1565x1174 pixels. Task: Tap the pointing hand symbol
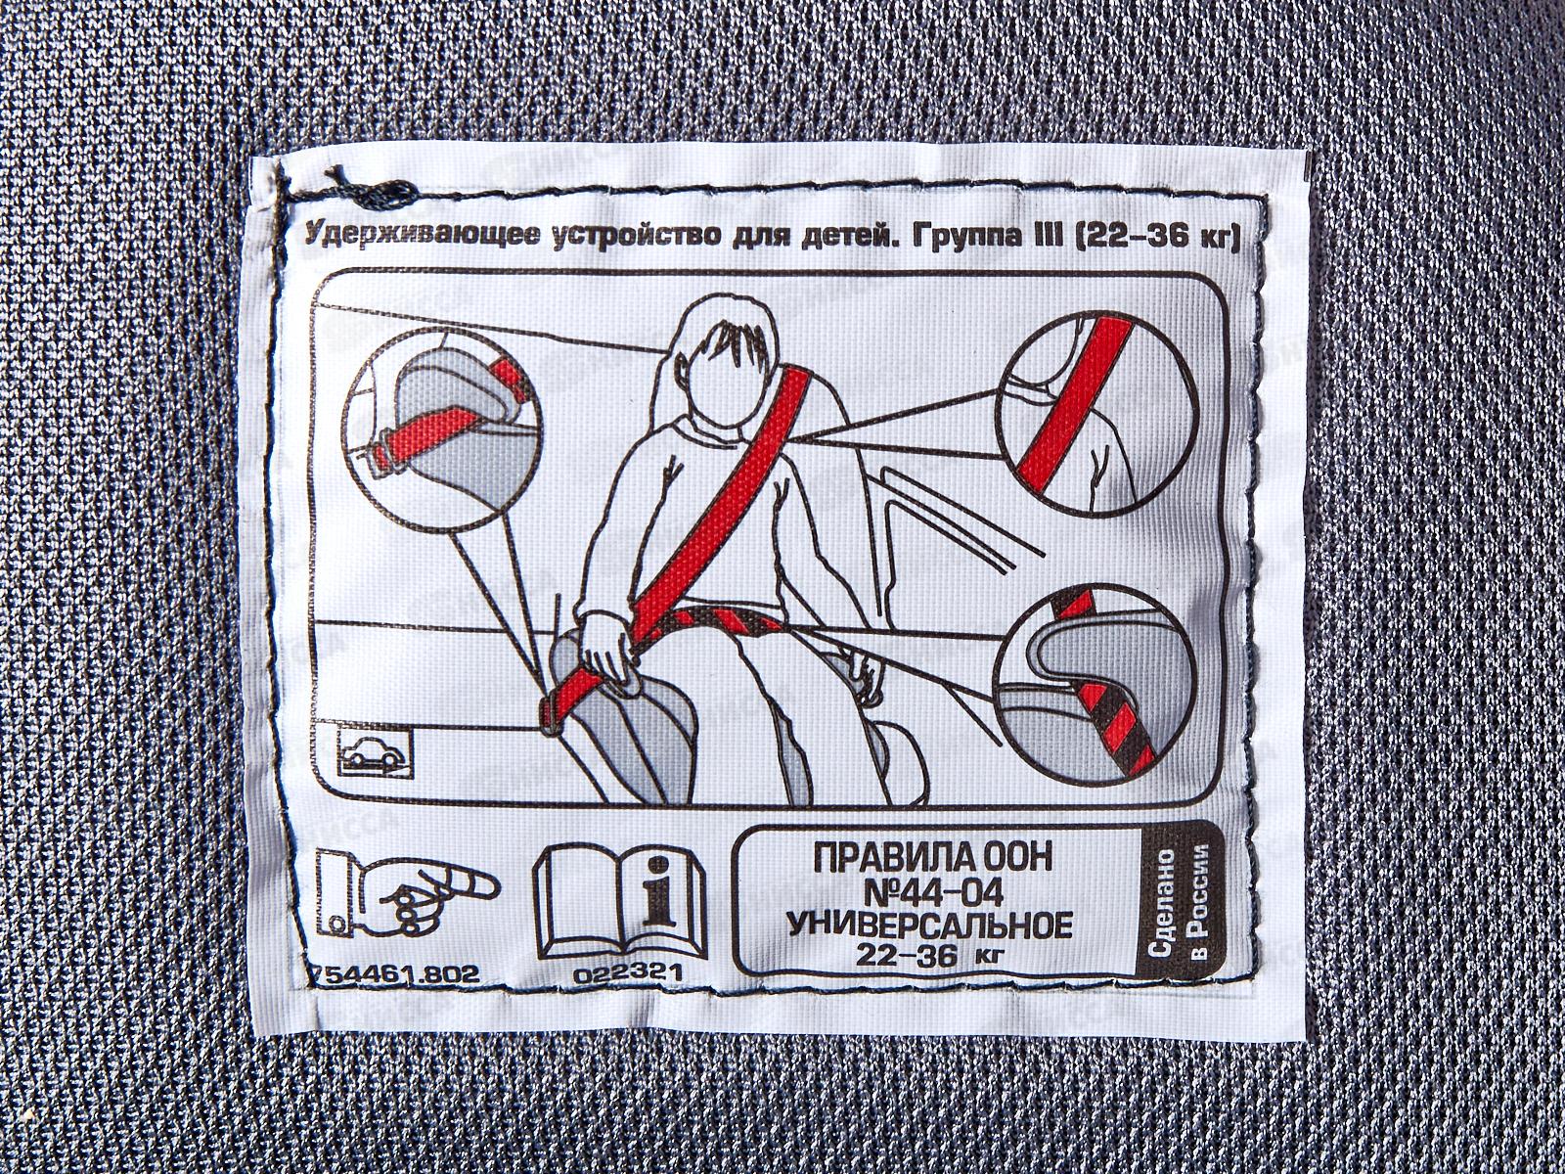pyautogui.click(x=406, y=894)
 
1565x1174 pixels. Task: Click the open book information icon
pyautogui.click(x=620, y=900)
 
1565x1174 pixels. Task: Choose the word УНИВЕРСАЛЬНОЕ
pyautogui.click(x=930, y=926)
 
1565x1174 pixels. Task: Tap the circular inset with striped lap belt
pyautogui.click(x=1098, y=684)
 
